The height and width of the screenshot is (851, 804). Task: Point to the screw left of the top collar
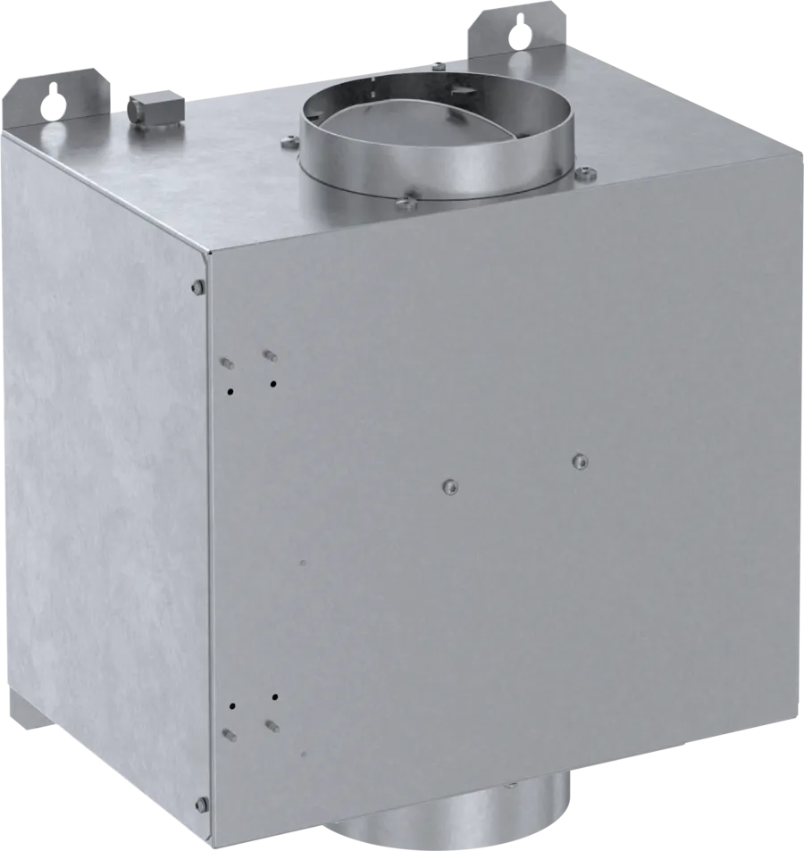pyautogui.click(x=289, y=139)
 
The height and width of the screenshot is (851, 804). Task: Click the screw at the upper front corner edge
pyautogui.click(x=197, y=287)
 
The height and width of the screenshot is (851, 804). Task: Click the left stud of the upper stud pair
pyautogui.click(x=226, y=363)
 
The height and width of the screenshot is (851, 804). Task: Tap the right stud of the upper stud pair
pyautogui.click(x=269, y=356)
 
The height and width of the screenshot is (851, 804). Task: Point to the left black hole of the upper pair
pyautogui.click(x=230, y=390)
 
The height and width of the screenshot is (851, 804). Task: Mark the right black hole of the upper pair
pyautogui.click(x=273, y=384)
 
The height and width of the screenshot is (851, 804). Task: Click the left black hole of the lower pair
pyautogui.click(x=232, y=705)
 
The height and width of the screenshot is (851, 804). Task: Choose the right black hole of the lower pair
pyautogui.click(x=275, y=696)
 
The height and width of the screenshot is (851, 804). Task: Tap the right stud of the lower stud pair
pyautogui.click(x=270, y=725)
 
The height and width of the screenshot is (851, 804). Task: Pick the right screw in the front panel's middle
pyautogui.click(x=580, y=461)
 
